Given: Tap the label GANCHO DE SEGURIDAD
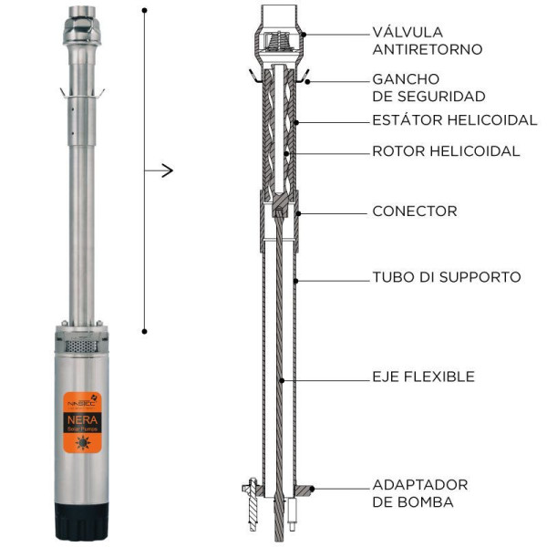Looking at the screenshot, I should point(428,88).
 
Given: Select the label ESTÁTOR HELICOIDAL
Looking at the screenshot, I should point(447,119).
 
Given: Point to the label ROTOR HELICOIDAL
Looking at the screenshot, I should point(446,151).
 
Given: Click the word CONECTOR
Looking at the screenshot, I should point(415,212).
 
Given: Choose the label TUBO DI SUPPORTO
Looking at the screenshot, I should point(447,276).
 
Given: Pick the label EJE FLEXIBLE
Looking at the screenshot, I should point(423,376).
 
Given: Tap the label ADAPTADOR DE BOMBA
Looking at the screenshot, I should point(419,492).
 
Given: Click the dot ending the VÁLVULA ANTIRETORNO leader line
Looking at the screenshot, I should point(305,33).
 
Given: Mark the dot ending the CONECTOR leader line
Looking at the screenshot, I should point(296,212).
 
